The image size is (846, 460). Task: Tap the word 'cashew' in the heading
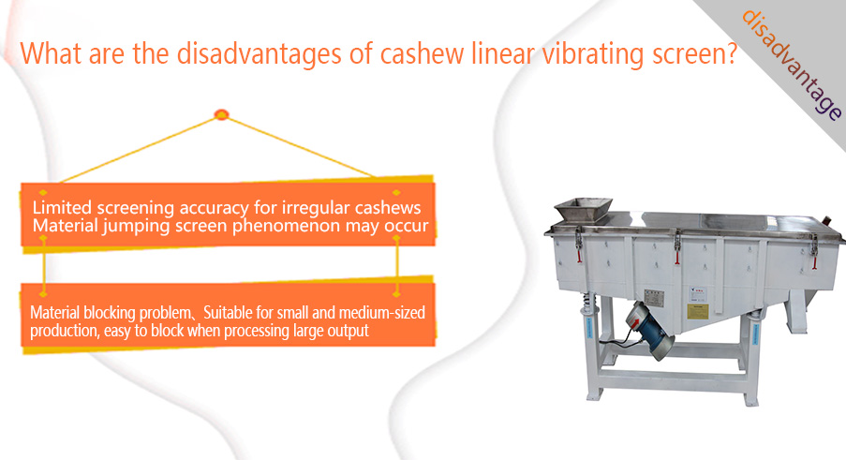[422, 53]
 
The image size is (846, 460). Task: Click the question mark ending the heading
[731, 53]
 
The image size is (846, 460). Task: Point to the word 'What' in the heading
[51, 52]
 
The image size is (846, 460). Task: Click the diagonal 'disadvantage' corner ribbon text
[792, 65]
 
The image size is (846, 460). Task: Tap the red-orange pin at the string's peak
[221, 114]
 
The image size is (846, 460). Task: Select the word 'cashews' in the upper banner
[388, 208]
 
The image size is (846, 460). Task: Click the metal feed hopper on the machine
[584, 209]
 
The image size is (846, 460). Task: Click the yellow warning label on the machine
[697, 311]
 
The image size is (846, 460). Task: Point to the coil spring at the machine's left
[588, 302]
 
